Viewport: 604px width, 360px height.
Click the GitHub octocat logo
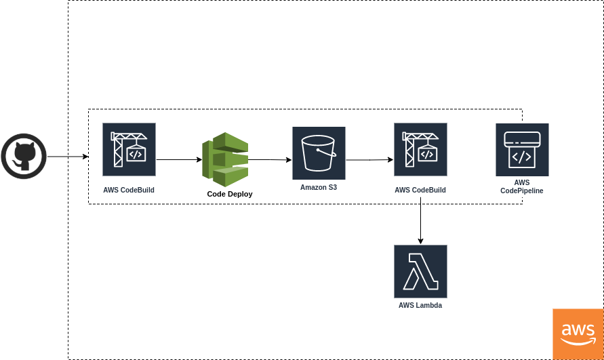coord(24,156)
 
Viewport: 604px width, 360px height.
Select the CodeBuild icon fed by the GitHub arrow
coord(129,149)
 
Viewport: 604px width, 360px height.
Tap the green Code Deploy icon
coord(225,160)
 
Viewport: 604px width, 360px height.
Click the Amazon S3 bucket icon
coord(319,153)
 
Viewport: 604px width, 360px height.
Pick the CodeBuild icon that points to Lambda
coord(420,149)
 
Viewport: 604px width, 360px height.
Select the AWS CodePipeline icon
coord(522,149)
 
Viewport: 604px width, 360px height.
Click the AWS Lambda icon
coord(420,271)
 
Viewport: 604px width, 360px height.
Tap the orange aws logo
coord(578,334)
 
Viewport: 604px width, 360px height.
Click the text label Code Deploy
coord(230,194)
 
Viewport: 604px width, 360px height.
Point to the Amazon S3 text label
coord(319,187)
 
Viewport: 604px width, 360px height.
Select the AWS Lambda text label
coord(420,306)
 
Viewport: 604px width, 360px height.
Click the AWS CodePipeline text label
coord(522,187)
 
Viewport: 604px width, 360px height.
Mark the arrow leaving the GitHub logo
coord(67,157)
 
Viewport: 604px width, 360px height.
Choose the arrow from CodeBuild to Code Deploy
coord(179,160)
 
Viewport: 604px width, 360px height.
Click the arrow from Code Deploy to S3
coord(270,160)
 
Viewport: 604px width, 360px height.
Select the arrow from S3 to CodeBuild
coord(369,160)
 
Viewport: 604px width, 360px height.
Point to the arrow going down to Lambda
coord(421,221)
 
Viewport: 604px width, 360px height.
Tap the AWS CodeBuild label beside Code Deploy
coord(129,191)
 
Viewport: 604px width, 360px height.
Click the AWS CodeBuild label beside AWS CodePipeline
coord(420,191)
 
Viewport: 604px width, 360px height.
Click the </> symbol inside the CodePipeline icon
coord(521,157)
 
